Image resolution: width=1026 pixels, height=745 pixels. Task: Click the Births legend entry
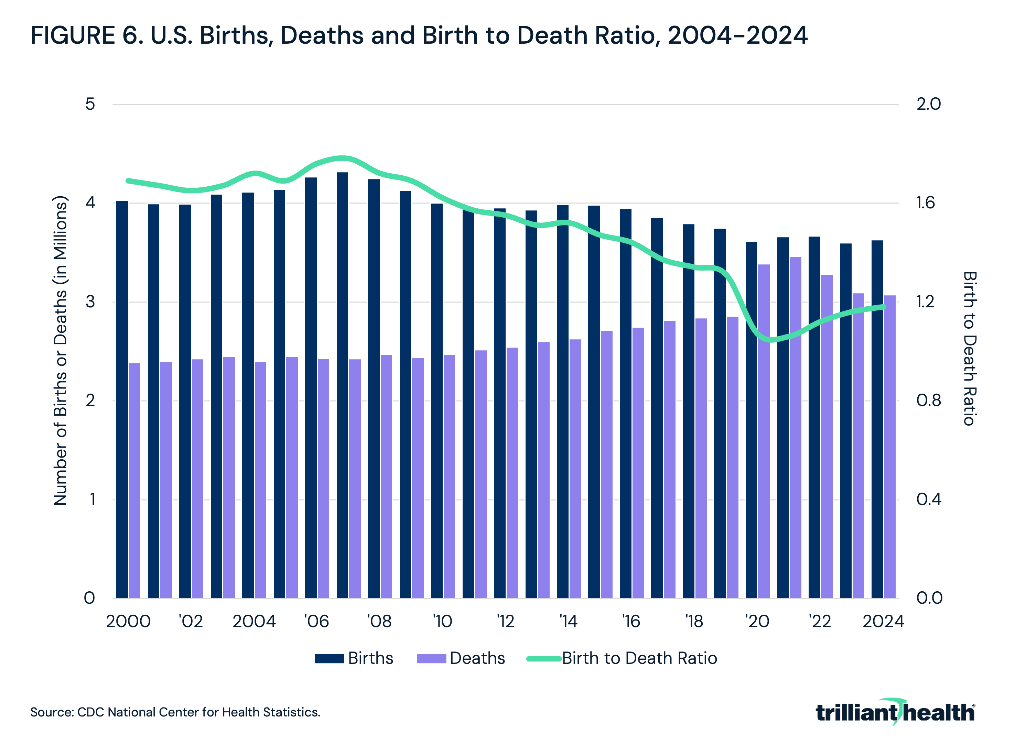354,658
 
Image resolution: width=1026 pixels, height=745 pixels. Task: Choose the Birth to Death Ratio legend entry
622,658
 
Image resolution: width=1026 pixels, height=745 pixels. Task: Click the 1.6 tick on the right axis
928,203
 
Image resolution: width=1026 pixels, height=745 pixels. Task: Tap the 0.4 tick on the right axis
928,500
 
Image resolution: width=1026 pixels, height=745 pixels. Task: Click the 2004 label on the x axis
254,622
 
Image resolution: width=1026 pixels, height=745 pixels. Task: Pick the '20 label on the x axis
757,622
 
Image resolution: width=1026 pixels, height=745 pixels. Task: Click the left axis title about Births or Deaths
60,351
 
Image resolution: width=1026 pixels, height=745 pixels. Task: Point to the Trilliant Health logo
895,712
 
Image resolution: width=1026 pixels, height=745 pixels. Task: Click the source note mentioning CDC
175,712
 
